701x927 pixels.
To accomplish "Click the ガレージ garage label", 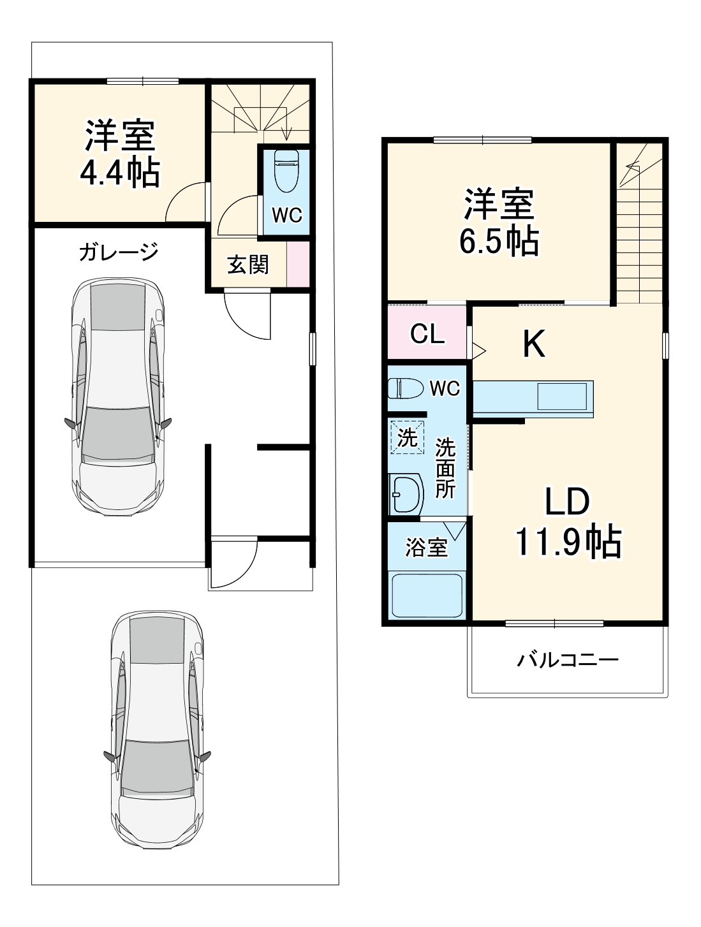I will click(x=118, y=252).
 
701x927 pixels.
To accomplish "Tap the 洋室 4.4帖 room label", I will click(x=120, y=154).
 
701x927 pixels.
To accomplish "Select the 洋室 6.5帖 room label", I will click(x=499, y=222).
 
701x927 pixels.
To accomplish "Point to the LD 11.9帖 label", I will click(x=567, y=522).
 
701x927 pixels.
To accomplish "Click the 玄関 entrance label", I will click(x=248, y=264).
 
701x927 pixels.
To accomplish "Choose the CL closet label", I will click(x=427, y=333).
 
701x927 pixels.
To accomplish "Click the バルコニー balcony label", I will click(x=567, y=659).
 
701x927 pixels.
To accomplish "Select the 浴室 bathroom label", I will click(x=426, y=547).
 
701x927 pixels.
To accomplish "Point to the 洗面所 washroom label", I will click(x=445, y=469).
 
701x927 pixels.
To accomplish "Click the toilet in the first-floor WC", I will click(x=285, y=171).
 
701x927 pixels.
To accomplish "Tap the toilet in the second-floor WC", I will click(x=406, y=388).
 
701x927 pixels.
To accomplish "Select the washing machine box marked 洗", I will click(x=407, y=437).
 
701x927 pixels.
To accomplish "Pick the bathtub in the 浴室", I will click(x=427, y=595).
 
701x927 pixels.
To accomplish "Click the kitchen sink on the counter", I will click(x=562, y=397).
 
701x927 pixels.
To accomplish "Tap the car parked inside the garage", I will click(x=118, y=395).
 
